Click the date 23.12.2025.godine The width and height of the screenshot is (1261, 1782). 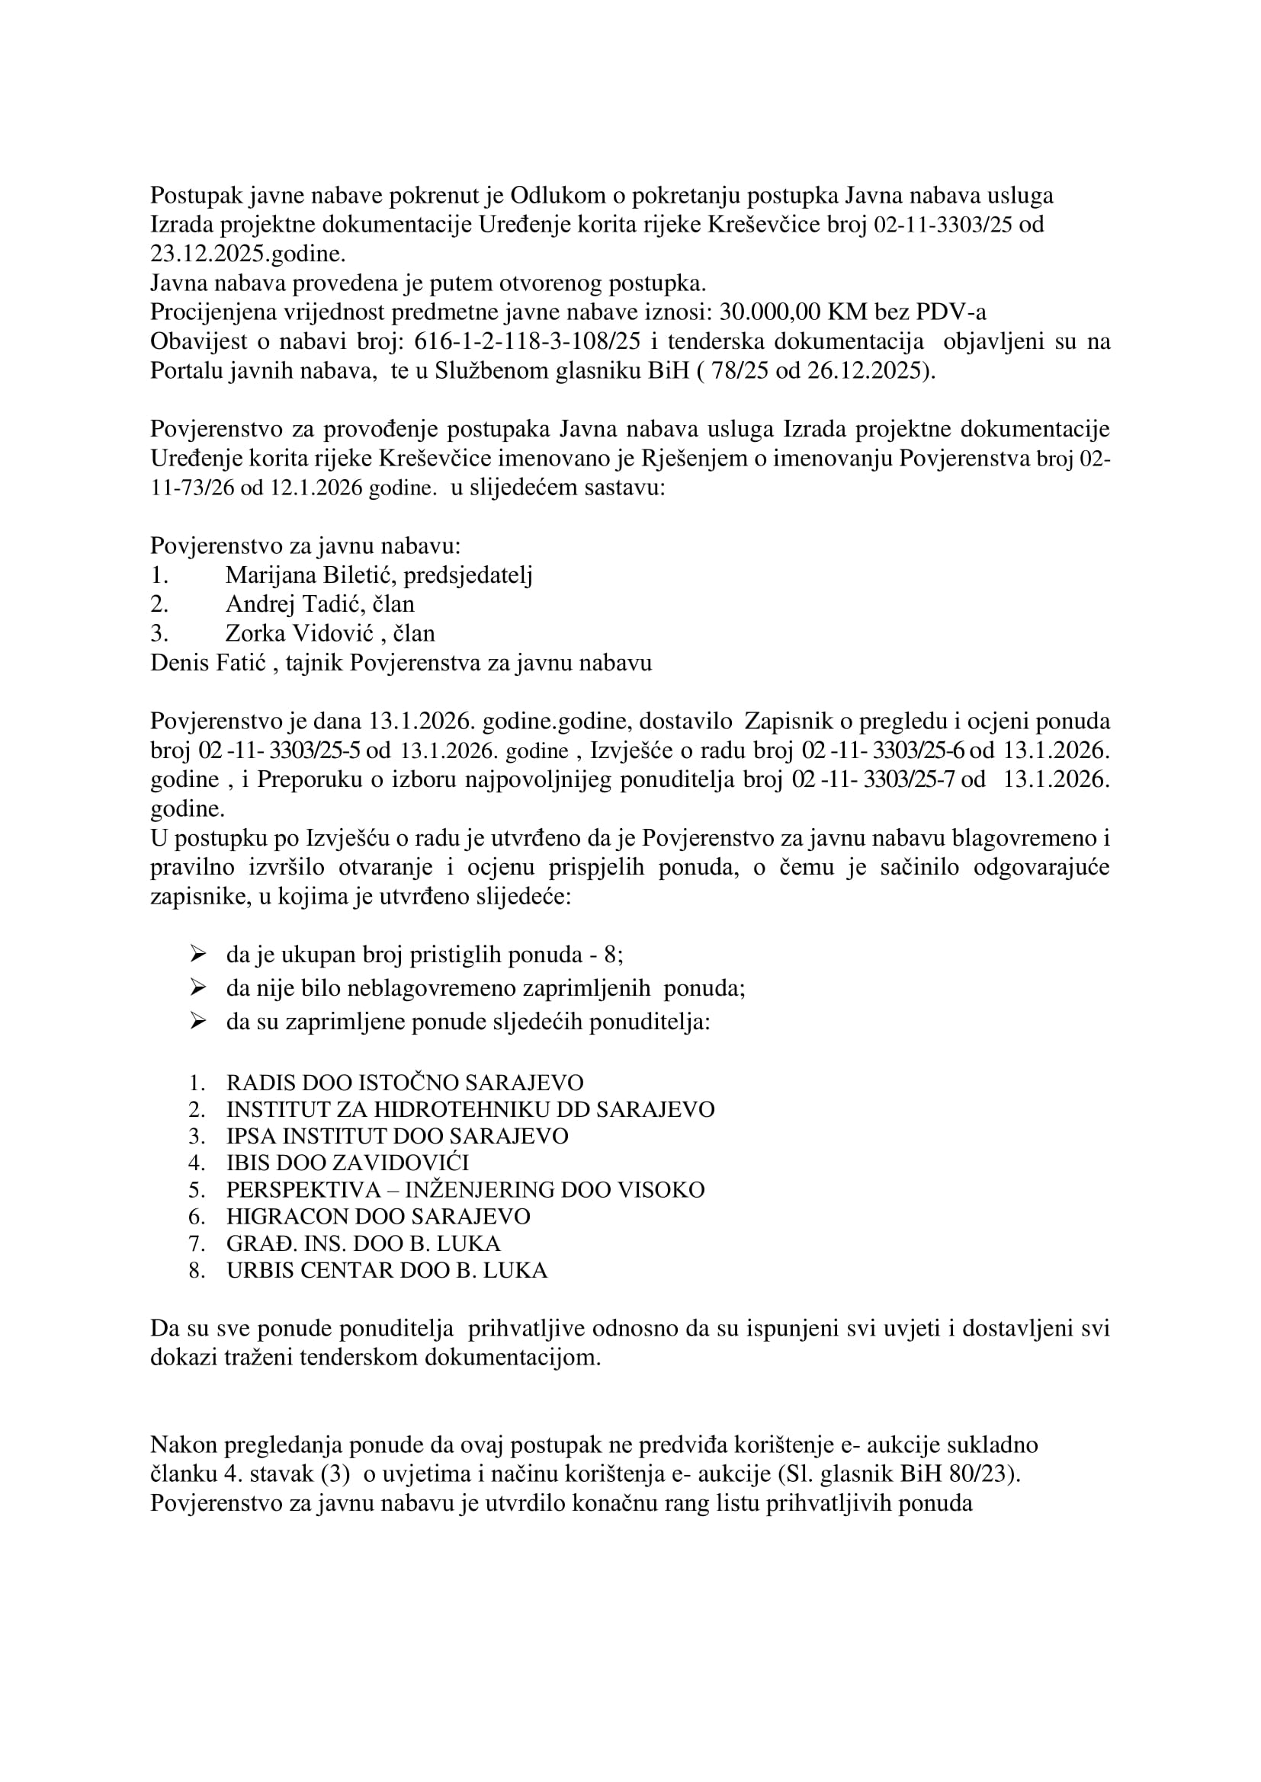pyautogui.click(x=248, y=254)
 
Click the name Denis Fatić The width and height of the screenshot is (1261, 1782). pyautogui.click(x=208, y=663)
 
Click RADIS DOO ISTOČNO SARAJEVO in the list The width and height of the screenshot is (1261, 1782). pyautogui.click(x=405, y=1083)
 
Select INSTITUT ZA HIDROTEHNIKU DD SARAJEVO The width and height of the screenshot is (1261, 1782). pyautogui.click(x=470, y=1109)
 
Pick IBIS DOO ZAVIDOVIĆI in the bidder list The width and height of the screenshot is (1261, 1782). pyautogui.click(x=348, y=1163)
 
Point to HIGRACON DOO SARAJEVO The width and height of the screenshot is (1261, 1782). pyautogui.click(x=378, y=1216)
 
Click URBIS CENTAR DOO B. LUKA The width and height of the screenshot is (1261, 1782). pyautogui.click(x=387, y=1271)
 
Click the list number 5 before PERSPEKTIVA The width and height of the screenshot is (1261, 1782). pyautogui.click(x=197, y=1190)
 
